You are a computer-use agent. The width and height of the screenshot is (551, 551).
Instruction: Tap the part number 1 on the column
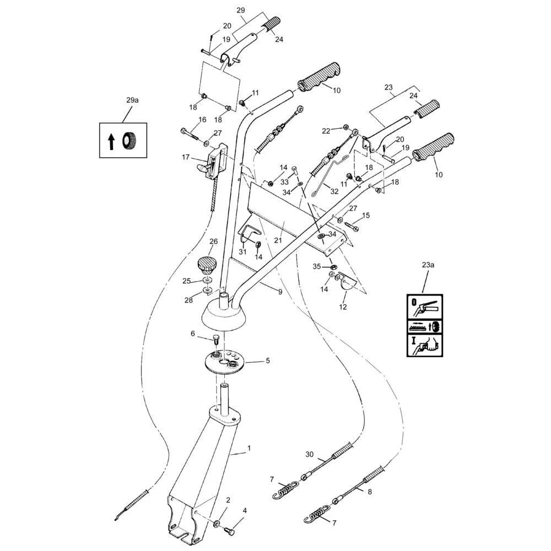(x=249, y=448)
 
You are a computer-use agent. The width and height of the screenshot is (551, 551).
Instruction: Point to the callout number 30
(x=309, y=454)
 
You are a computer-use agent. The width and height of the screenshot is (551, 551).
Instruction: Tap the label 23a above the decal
(x=428, y=265)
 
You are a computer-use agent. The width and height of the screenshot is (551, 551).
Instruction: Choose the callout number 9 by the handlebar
(x=280, y=291)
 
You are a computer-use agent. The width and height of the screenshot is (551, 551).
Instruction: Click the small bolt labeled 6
(x=217, y=338)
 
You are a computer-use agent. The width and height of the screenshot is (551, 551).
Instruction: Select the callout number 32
(x=334, y=191)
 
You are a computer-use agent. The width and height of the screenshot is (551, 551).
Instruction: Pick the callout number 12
(x=343, y=307)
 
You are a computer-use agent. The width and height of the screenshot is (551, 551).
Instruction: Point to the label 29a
(x=132, y=100)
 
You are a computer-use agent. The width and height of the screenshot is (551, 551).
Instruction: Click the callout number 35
(x=316, y=266)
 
